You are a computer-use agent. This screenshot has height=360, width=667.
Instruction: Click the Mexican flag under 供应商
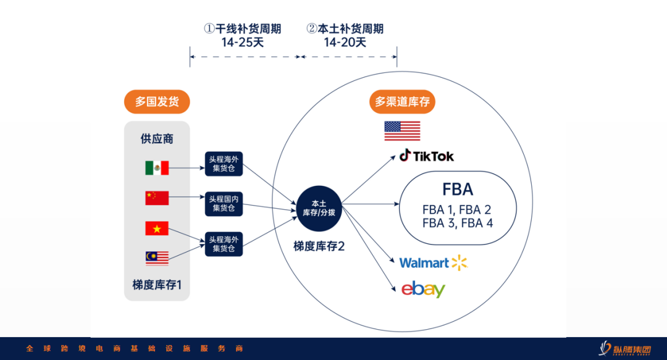pyautogui.click(x=157, y=168)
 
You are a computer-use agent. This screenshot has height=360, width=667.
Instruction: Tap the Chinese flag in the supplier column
pyautogui.click(x=157, y=198)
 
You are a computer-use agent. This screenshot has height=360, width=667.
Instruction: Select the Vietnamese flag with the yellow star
pyautogui.click(x=157, y=228)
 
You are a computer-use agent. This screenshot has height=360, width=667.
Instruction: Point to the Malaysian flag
pyautogui.click(x=157, y=257)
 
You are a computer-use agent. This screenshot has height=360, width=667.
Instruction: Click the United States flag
pyautogui.click(x=402, y=131)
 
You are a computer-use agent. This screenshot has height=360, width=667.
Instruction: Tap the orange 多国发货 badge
pyautogui.click(x=157, y=102)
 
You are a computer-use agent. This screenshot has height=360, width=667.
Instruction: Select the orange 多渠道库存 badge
pyautogui.click(x=402, y=102)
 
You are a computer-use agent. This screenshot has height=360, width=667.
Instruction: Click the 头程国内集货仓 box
pyautogui.click(x=224, y=203)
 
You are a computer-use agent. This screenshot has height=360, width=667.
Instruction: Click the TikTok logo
pyautogui.click(x=427, y=156)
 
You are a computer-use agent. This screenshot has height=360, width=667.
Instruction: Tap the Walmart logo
pyautogui.click(x=433, y=263)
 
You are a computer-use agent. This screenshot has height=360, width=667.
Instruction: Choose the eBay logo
pyautogui.click(x=423, y=289)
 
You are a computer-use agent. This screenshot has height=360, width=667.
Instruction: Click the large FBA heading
pyautogui.click(x=458, y=189)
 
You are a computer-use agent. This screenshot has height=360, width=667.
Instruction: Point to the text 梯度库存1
pyautogui.click(x=157, y=285)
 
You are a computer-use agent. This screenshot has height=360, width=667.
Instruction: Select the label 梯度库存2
pyautogui.click(x=319, y=246)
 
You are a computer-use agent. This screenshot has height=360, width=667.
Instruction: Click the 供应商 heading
pyautogui.click(x=157, y=139)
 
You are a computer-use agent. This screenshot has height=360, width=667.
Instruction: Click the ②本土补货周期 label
pyautogui.click(x=345, y=28)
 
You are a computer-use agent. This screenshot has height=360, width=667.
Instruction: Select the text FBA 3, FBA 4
pyautogui.click(x=458, y=223)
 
